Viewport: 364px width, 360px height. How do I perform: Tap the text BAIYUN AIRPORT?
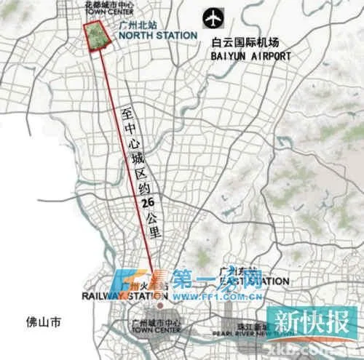coord(250,55)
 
